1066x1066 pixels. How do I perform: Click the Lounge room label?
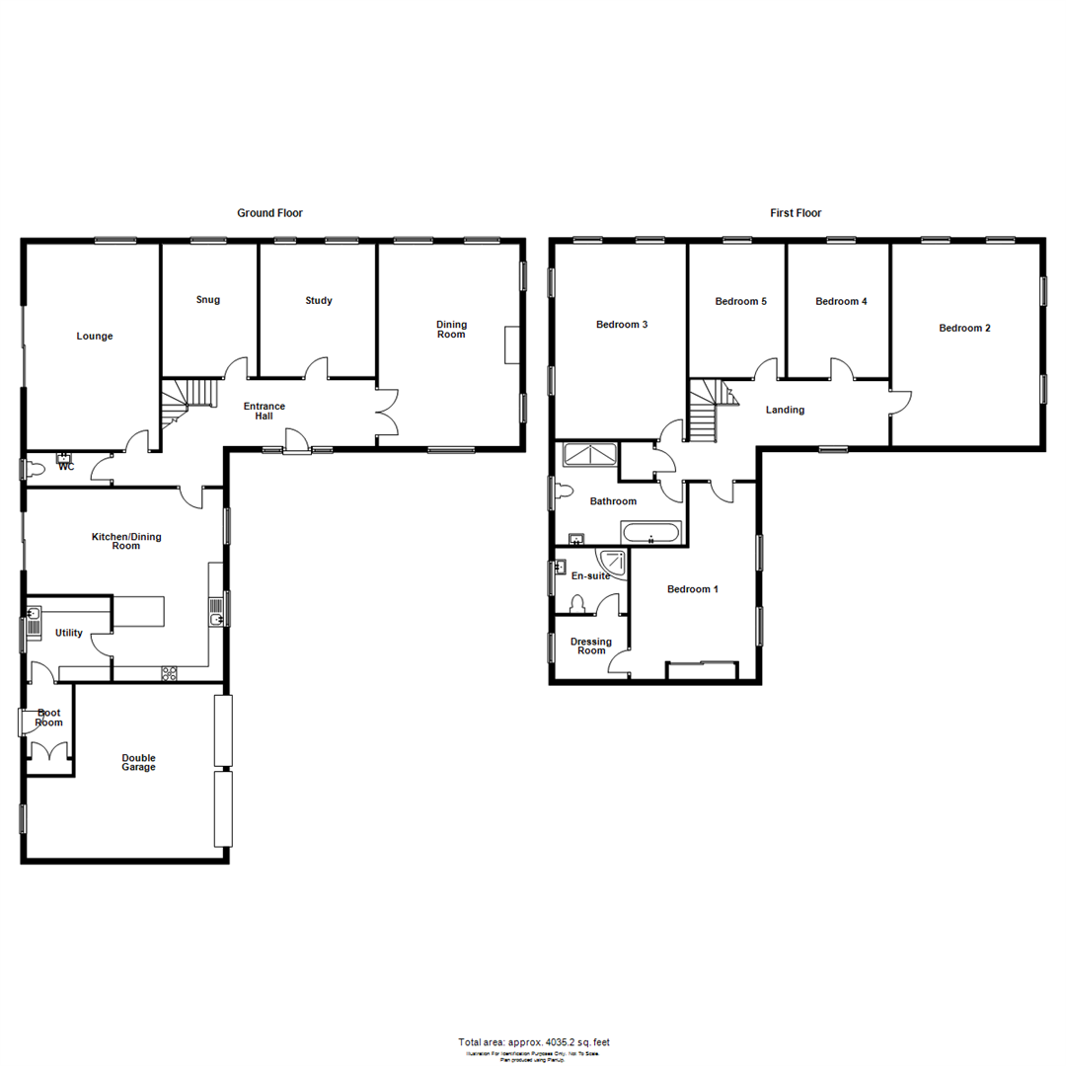coord(95,336)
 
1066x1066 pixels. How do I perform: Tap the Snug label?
coord(208,300)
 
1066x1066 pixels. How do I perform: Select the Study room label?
coord(319,300)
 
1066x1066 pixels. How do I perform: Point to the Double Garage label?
coord(139,762)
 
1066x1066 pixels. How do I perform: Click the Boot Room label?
coord(48,718)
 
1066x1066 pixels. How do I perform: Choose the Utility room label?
coord(69,633)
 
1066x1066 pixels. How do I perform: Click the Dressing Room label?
coord(591,647)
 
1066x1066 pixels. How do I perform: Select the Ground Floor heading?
coord(269,212)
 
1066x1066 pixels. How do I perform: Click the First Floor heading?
coord(796,212)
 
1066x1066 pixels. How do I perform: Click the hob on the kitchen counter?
coord(169,673)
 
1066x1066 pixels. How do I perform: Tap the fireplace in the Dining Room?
coord(510,345)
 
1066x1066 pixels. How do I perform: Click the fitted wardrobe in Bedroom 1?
coord(702,670)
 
